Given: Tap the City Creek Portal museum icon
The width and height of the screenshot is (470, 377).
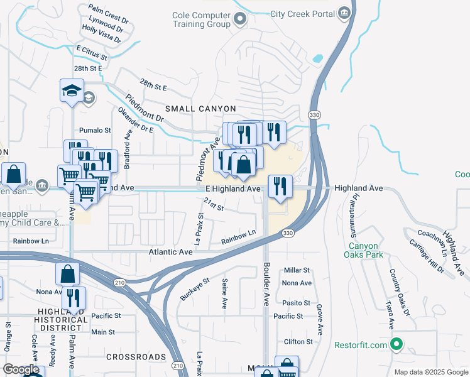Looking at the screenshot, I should pyautogui.click(x=344, y=13).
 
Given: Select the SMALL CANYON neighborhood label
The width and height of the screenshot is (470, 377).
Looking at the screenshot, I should pyautogui.click(x=200, y=109).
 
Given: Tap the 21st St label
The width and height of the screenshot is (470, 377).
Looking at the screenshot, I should pyautogui.click(x=214, y=205).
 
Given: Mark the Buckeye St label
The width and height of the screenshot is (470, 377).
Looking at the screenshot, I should pyautogui.click(x=195, y=290).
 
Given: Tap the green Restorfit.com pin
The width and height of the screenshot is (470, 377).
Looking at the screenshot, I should pyautogui.click(x=396, y=344).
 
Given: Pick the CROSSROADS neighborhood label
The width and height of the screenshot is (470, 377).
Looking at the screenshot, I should pyautogui.click(x=136, y=357).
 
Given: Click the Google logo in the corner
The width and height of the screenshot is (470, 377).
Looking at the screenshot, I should pyautogui.click(x=21, y=369).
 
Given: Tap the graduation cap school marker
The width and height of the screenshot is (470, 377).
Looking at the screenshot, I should pyautogui.click(x=72, y=90).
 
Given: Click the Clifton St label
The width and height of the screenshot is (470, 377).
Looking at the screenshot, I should pyautogui.click(x=298, y=342).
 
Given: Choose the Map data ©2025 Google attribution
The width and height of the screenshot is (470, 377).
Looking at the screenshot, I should pyautogui.click(x=430, y=371).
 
